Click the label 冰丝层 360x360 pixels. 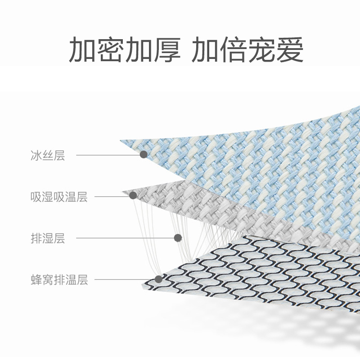pyautogui.click(x=48, y=156)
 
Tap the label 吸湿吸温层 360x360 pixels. pyautogui.click(x=59, y=197)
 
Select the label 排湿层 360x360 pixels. pyautogui.click(x=48, y=238)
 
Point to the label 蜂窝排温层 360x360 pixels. pyautogui.click(x=59, y=280)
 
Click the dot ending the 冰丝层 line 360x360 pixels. pyautogui.click(x=144, y=154)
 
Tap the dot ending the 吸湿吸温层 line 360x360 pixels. pyautogui.click(x=133, y=195)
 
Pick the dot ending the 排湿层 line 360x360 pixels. pyautogui.click(x=178, y=237)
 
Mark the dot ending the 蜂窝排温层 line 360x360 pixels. pyautogui.click(x=158, y=279)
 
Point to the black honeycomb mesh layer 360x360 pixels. pyautogui.click(x=252, y=274)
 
